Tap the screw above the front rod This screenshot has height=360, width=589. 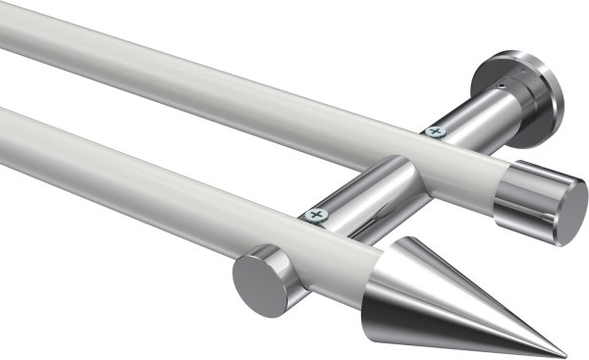[314, 214]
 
